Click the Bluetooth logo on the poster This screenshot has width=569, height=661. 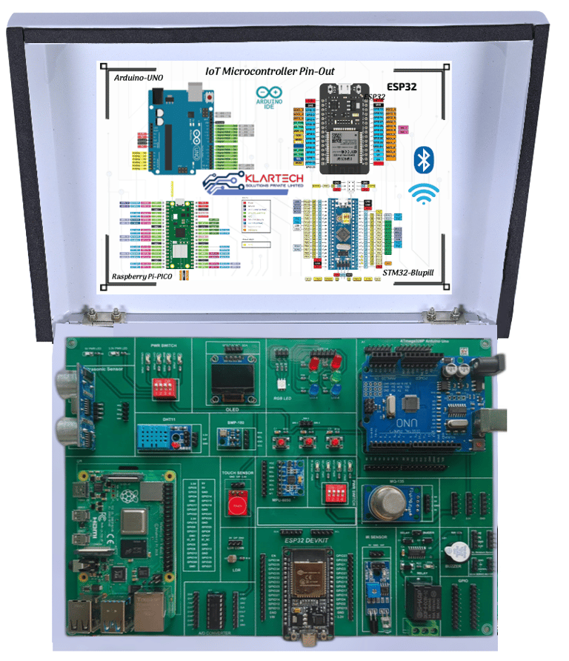423,159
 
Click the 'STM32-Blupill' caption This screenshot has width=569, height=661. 408,273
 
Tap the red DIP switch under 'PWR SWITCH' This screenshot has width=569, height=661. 164,388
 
